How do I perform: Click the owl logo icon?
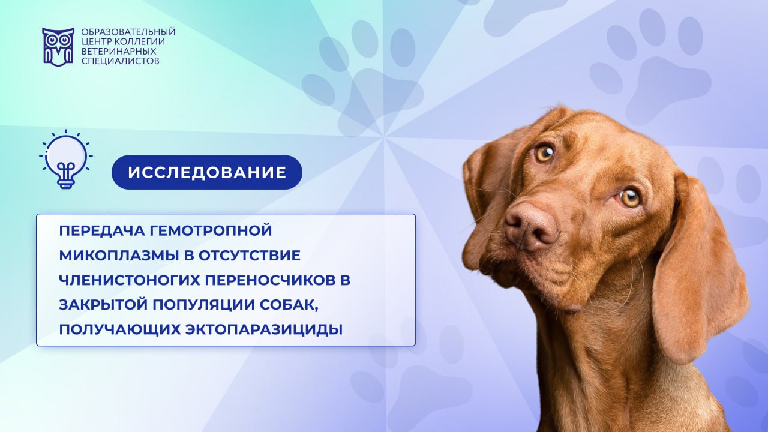(x=58, y=47)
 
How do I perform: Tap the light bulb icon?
(x=66, y=159)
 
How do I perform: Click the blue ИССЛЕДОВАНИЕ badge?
(x=207, y=172)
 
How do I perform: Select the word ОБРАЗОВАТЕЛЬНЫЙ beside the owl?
(x=128, y=32)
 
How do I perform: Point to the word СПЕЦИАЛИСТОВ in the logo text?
(x=121, y=61)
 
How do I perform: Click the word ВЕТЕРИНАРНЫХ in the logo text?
(x=119, y=52)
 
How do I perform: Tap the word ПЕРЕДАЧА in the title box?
(x=102, y=231)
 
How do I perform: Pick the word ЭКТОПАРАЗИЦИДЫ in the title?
(x=264, y=330)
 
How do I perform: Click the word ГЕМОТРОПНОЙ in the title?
(x=211, y=231)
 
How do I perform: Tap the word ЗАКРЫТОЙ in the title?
(x=103, y=305)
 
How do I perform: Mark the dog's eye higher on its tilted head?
(x=544, y=154)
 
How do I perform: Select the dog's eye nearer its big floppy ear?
(x=630, y=197)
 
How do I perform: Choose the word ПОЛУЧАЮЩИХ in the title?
(x=119, y=330)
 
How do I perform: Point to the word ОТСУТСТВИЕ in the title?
(x=250, y=256)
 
